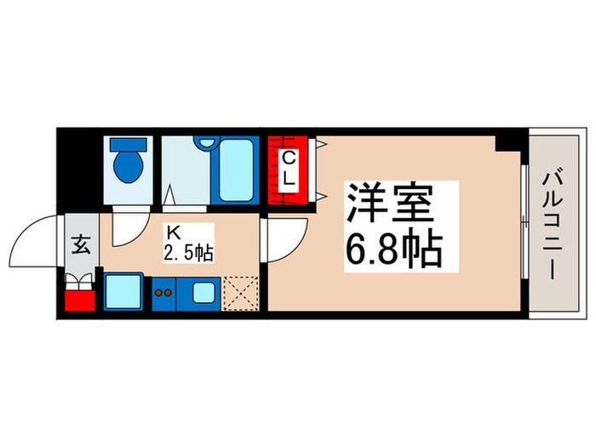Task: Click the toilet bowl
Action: click(129, 166)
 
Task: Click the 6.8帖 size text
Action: click(393, 249)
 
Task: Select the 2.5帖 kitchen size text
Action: click(187, 251)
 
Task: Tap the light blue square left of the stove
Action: click(123, 292)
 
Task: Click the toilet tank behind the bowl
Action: click(129, 146)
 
